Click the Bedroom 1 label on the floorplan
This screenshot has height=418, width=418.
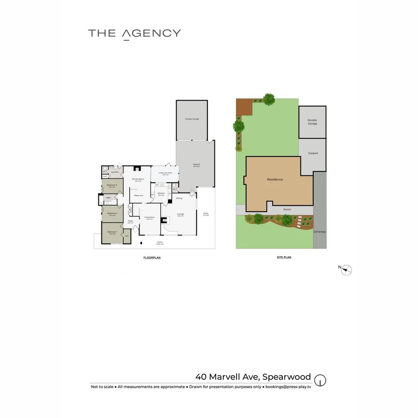112,232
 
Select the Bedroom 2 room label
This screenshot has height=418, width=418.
112,213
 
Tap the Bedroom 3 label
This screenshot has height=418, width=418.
112,185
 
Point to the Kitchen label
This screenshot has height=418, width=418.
161,193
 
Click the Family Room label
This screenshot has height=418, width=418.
138,179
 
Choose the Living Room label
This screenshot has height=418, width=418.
149,218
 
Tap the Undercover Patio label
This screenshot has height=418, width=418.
165,173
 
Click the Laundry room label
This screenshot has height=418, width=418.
115,172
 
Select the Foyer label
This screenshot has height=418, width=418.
130,221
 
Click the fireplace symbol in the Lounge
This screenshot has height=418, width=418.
164,220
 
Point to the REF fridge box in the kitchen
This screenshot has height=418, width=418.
152,194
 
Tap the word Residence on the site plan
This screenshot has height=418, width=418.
275,180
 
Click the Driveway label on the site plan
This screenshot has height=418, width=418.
320,232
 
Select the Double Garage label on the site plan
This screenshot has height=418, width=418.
312,122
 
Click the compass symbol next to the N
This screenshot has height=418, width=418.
347,270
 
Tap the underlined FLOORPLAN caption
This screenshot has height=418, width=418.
152,257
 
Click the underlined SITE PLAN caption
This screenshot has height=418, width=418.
284,257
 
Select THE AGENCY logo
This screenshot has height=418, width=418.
134,33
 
